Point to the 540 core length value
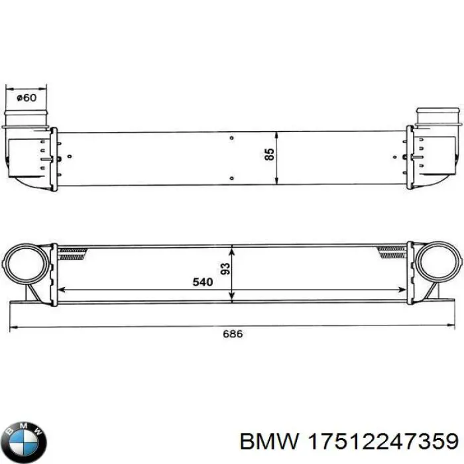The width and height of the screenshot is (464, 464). tap(202, 282)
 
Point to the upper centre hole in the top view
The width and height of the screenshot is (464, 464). tap(231, 138)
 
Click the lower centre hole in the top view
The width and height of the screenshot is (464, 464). tap(231, 178)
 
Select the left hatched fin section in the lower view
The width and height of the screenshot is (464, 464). tap(73, 251)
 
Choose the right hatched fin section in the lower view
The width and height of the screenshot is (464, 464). tap(391, 251)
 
